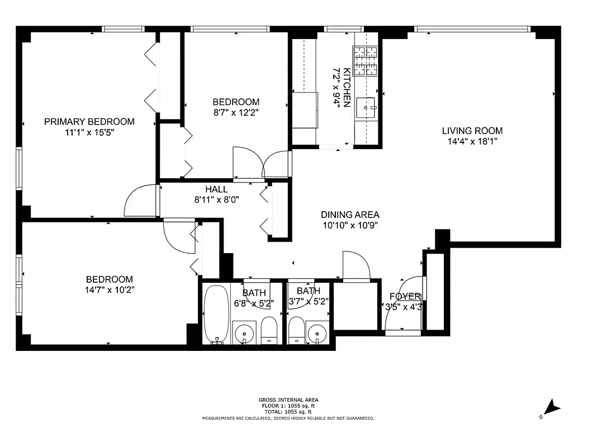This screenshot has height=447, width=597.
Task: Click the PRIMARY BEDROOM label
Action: [89, 121]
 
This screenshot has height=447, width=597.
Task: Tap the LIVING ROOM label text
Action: [472, 131]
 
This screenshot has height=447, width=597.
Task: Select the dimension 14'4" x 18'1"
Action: [472, 141]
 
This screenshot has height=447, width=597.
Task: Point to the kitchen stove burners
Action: [365, 61]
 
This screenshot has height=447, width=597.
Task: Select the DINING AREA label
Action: [350, 215]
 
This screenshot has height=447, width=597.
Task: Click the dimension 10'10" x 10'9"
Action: [350, 225]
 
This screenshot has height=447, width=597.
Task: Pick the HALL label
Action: [216, 189]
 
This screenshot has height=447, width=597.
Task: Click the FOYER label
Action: [405, 296]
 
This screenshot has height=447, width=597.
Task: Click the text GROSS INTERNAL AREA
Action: [288, 400]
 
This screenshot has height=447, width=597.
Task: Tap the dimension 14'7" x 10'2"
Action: [110, 289]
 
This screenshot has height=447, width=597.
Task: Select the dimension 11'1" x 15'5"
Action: [89, 132]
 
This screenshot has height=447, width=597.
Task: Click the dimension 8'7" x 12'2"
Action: [236, 112]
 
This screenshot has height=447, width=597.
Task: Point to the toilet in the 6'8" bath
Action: [269, 331]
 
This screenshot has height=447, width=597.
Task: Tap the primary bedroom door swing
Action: [140, 201]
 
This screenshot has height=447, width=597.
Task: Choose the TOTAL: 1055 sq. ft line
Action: [288, 412]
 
